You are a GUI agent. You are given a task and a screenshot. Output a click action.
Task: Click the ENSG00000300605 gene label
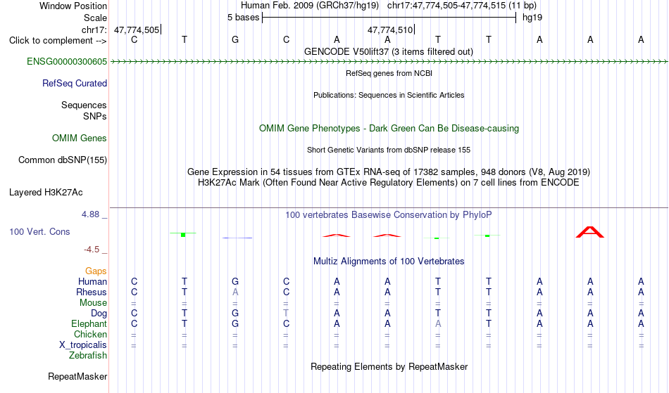click(x=67, y=62)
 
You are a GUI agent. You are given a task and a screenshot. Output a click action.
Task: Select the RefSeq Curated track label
click(x=75, y=84)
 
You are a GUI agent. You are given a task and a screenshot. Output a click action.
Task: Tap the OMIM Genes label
click(x=80, y=138)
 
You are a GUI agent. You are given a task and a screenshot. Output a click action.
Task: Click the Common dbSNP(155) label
click(x=63, y=160)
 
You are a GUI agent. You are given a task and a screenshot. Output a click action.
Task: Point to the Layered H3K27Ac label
click(x=46, y=193)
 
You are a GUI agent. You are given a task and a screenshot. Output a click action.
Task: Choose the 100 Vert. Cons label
click(x=39, y=231)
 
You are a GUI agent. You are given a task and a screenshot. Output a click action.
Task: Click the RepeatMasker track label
click(x=77, y=376)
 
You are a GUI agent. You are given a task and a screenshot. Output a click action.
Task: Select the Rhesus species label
click(x=92, y=292)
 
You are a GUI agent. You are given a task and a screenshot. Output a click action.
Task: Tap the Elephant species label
click(x=89, y=323)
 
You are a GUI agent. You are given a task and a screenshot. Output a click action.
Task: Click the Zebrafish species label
click(x=88, y=355)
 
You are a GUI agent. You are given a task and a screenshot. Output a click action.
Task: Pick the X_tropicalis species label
click(x=83, y=345)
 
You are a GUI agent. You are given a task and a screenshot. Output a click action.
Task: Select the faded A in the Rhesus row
click(x=235, y=292)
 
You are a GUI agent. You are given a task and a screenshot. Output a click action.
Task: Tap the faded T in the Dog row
click(x=286, y=313)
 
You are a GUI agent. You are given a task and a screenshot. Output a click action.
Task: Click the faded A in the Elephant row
click(x=438, y=323)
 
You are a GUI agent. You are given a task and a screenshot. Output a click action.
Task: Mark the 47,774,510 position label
click(x=390, y=30)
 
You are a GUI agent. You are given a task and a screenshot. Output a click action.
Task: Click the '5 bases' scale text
click(x=243, y=18)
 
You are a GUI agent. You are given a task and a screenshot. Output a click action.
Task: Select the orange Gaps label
click(x=96, y=271)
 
